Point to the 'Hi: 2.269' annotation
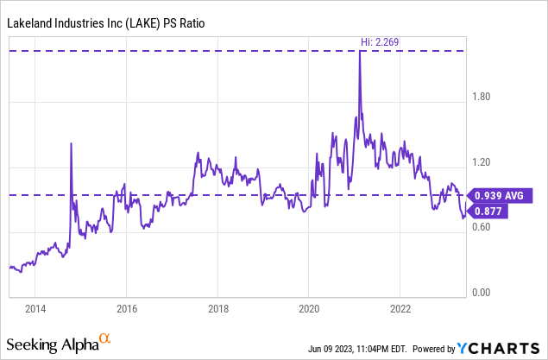click(381, 41)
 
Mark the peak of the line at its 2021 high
click(359, 52)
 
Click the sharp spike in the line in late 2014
click(71, 144)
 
